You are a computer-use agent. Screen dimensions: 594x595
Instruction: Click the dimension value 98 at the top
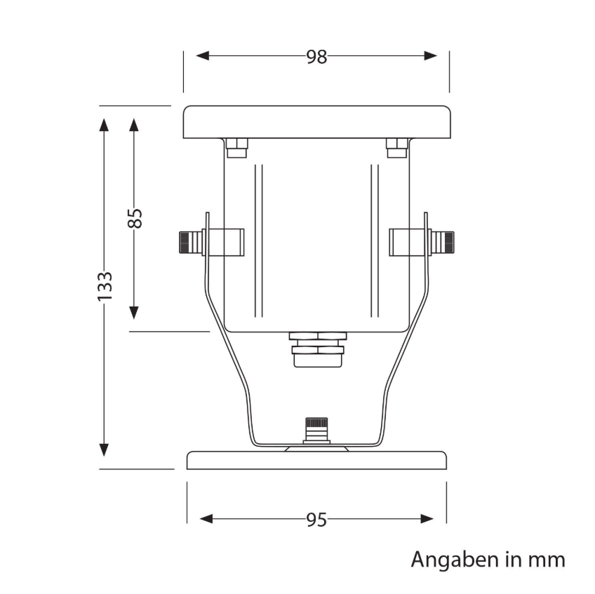(316, 57)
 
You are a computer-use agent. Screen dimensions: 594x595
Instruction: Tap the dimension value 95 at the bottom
(316, 520)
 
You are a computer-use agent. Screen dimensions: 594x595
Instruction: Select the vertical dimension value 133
(105, 286)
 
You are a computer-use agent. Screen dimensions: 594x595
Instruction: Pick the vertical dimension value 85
(135, 218)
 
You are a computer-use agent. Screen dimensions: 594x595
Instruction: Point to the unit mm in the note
(548, 560)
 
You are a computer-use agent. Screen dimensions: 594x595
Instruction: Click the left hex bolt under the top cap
(236, 148)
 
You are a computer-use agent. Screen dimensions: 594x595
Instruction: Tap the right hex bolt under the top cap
(396, 148)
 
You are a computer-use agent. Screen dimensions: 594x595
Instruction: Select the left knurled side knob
(189, 242)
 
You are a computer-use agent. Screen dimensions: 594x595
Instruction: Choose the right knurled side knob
(443, 242)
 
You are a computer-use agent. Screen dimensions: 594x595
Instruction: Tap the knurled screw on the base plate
(316, 429)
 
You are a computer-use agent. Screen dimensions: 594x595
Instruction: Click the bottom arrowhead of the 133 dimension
(105, 450)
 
